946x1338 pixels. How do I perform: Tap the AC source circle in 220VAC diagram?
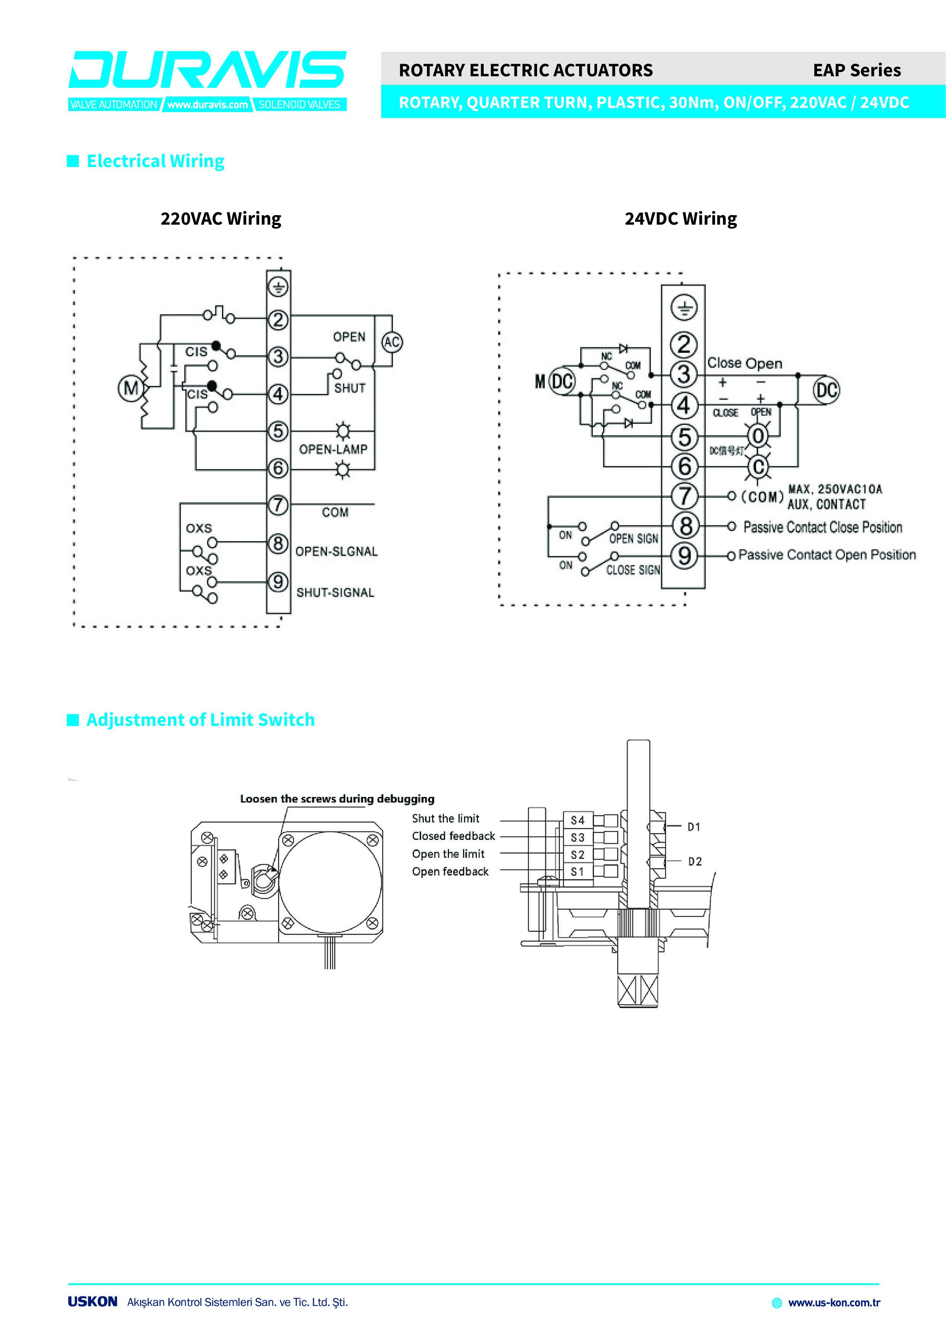pyautogui.click(x=392, y=342)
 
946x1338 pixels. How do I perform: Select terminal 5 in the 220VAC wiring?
pyautogui.click(x=278, y=431)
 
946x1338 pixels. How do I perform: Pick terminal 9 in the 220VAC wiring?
pyautogui.click(x=278, y=582)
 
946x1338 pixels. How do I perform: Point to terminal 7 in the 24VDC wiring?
pyautogui.click(x=684, y=496)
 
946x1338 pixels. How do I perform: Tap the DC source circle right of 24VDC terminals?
pyautogui.click(x=827, y=390)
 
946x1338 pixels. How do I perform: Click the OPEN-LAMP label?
pyautogui.click(x=333, y=449)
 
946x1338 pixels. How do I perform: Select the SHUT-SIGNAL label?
pyautogui.click(x=335, y=593)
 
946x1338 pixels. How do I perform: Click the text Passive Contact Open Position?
pyautogui.click(x=827, y=555)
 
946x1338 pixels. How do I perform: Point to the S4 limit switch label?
pyautogui.click(x=578, y=820)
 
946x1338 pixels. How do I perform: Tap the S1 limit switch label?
pyautogui.click(x=578, y=872)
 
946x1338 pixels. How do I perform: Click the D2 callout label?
pyautogui.click(x=695, y=861)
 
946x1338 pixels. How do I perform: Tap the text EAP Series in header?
pyautogui.click(x=856, y=71)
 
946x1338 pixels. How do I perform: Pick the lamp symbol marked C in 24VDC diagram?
pyautogui.click(x=758, y=467)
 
